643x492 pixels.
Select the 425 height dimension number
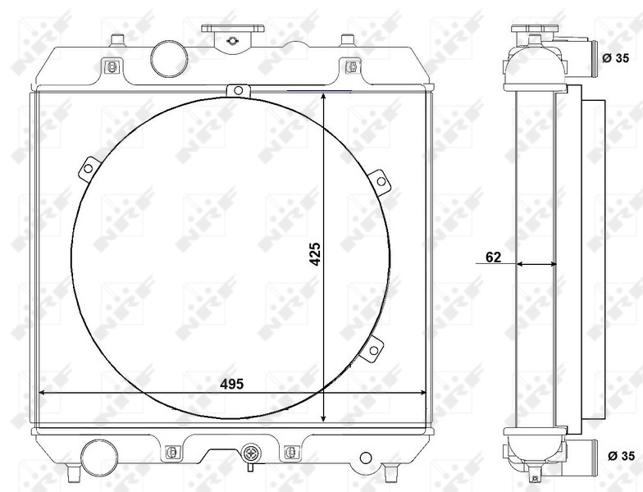(x=314, y=255)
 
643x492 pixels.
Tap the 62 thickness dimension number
(x=493, y=257)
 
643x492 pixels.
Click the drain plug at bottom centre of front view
(x=251, y=453)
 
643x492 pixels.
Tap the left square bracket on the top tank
(x=111, y=66)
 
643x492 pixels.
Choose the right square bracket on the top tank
(x=351, y=66)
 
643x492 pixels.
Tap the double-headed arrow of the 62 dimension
(x=536, y=264)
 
